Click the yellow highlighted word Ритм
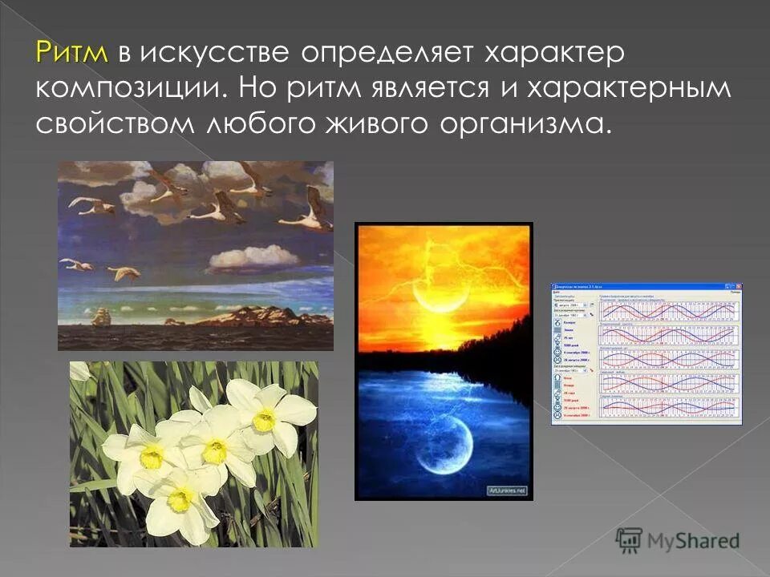click(71, 53)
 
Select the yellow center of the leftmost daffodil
click(152, 456)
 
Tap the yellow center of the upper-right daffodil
click(264, 419)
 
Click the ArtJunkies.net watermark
click(507, 490)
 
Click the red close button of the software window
click(737, 286)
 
